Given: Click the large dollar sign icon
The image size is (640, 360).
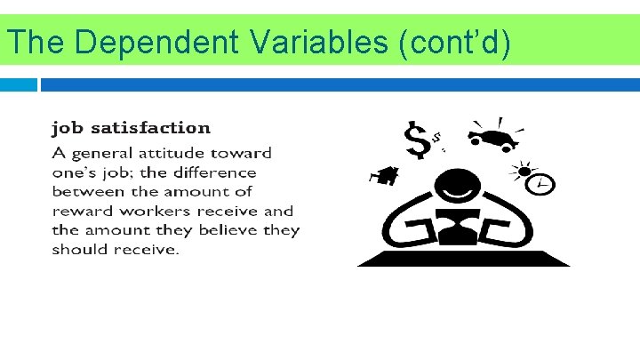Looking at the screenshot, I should pos(417,140).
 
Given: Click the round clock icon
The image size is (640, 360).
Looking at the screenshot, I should pos(541,184).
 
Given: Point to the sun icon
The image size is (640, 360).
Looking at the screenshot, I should pos(523,169).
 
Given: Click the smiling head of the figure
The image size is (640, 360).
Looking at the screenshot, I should pos(461,188).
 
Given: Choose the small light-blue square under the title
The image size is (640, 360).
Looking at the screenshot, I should pos(19,84).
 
